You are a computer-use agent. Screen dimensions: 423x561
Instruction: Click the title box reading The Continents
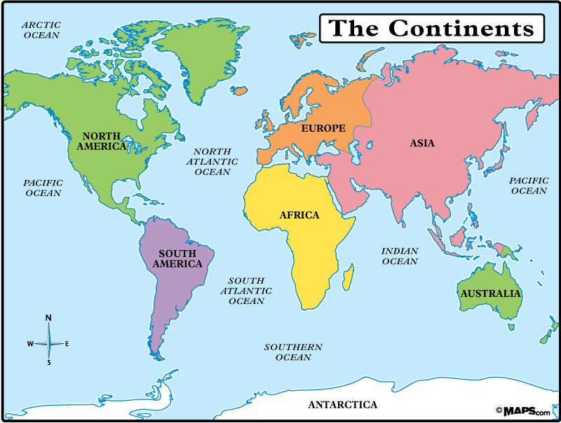click(431, 28)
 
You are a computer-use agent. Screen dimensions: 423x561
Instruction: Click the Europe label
click(323, 128)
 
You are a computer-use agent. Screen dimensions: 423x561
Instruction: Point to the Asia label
click(422, 143)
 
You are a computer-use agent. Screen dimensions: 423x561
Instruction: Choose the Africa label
click(299, 215)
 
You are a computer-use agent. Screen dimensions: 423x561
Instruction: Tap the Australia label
click(490, 293)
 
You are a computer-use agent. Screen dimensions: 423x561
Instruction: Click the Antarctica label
click(343, 405)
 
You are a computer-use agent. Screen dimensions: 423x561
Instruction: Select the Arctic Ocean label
click(41, 29)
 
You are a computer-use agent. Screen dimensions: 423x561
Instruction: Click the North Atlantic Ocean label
click(212, 161)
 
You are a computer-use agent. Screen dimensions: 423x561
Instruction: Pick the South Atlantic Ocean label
click(245, 291)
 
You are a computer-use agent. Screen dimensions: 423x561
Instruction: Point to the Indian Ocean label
click(400, 256)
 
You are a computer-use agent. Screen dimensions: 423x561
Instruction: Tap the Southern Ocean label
click(293, 352)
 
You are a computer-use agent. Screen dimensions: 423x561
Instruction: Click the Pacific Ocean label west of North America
click(43, 187)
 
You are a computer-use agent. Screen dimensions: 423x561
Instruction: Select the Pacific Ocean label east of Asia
click(528, 185)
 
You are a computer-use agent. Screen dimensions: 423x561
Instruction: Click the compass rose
click(48, 343)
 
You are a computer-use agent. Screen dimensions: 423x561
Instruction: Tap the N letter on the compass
click(48, 318)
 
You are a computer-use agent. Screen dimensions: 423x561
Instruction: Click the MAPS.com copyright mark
click(523, 410)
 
